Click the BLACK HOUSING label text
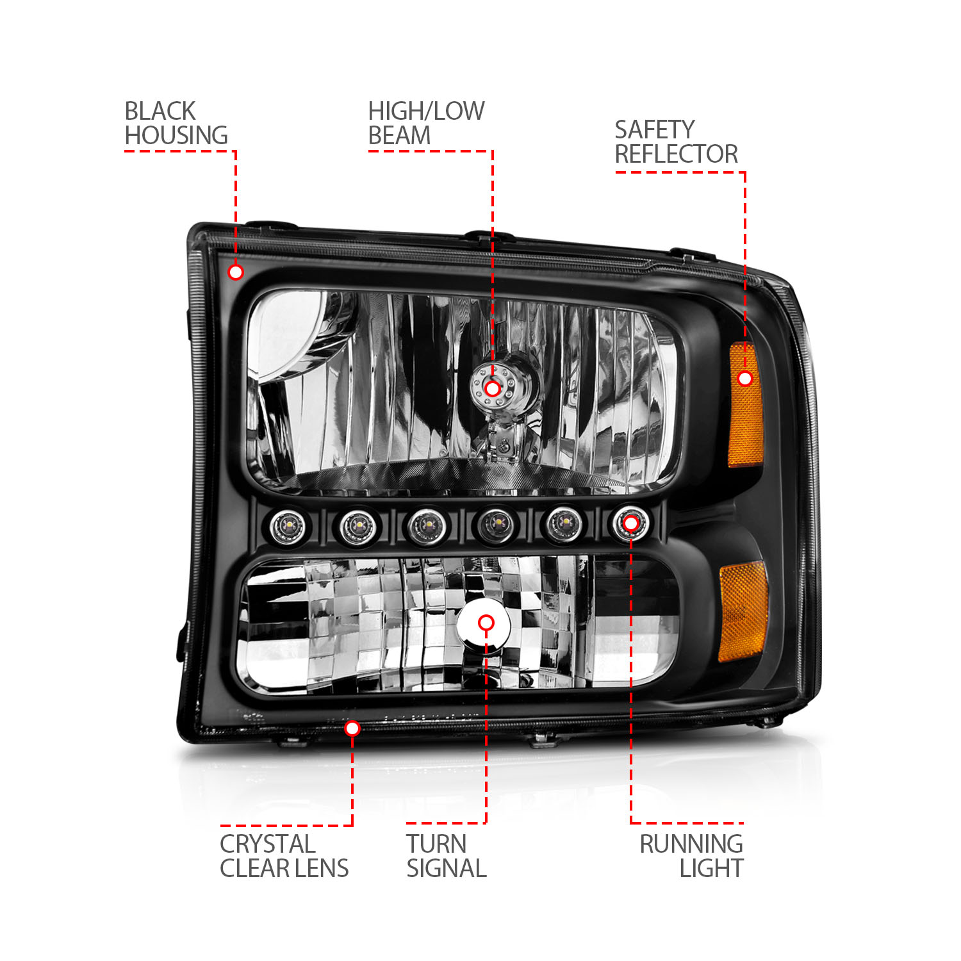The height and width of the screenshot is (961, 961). pyautogui.click(x=176, y=123)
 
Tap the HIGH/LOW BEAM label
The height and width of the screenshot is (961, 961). pyautogui.click(x=425, y=123)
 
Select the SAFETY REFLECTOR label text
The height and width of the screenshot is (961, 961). pyautogui.click(x=676, y=142)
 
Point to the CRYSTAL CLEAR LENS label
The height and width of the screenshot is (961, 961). pyautogui.click(x=284, y=856)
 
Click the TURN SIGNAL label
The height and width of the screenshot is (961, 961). pyautogui.click(x=446, y=856)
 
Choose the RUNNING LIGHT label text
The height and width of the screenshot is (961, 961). pyautogui.click(x=692, y=856)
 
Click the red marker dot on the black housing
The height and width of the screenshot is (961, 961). pyautogui.click(x=236, y=272)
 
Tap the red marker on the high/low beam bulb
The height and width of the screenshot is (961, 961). pyautogui.click(x=492, y=388)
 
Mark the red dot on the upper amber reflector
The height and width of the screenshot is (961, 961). pyautogui.click(x=744, y=379)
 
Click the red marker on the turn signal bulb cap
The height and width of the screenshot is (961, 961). pyautogui.click(x=486, y=623)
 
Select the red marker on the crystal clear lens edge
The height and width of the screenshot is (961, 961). pyautogui.click(x=352, y=728)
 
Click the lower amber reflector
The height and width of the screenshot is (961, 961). pyautogui.click(x=743, y=612)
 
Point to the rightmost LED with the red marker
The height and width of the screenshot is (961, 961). pyautogui.click(x=630, y=524)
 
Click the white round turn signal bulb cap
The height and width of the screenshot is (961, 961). pyautogui.click(x=485, y=631)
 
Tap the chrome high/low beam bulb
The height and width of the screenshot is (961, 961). pyautogui.click(x=503, y=391)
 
